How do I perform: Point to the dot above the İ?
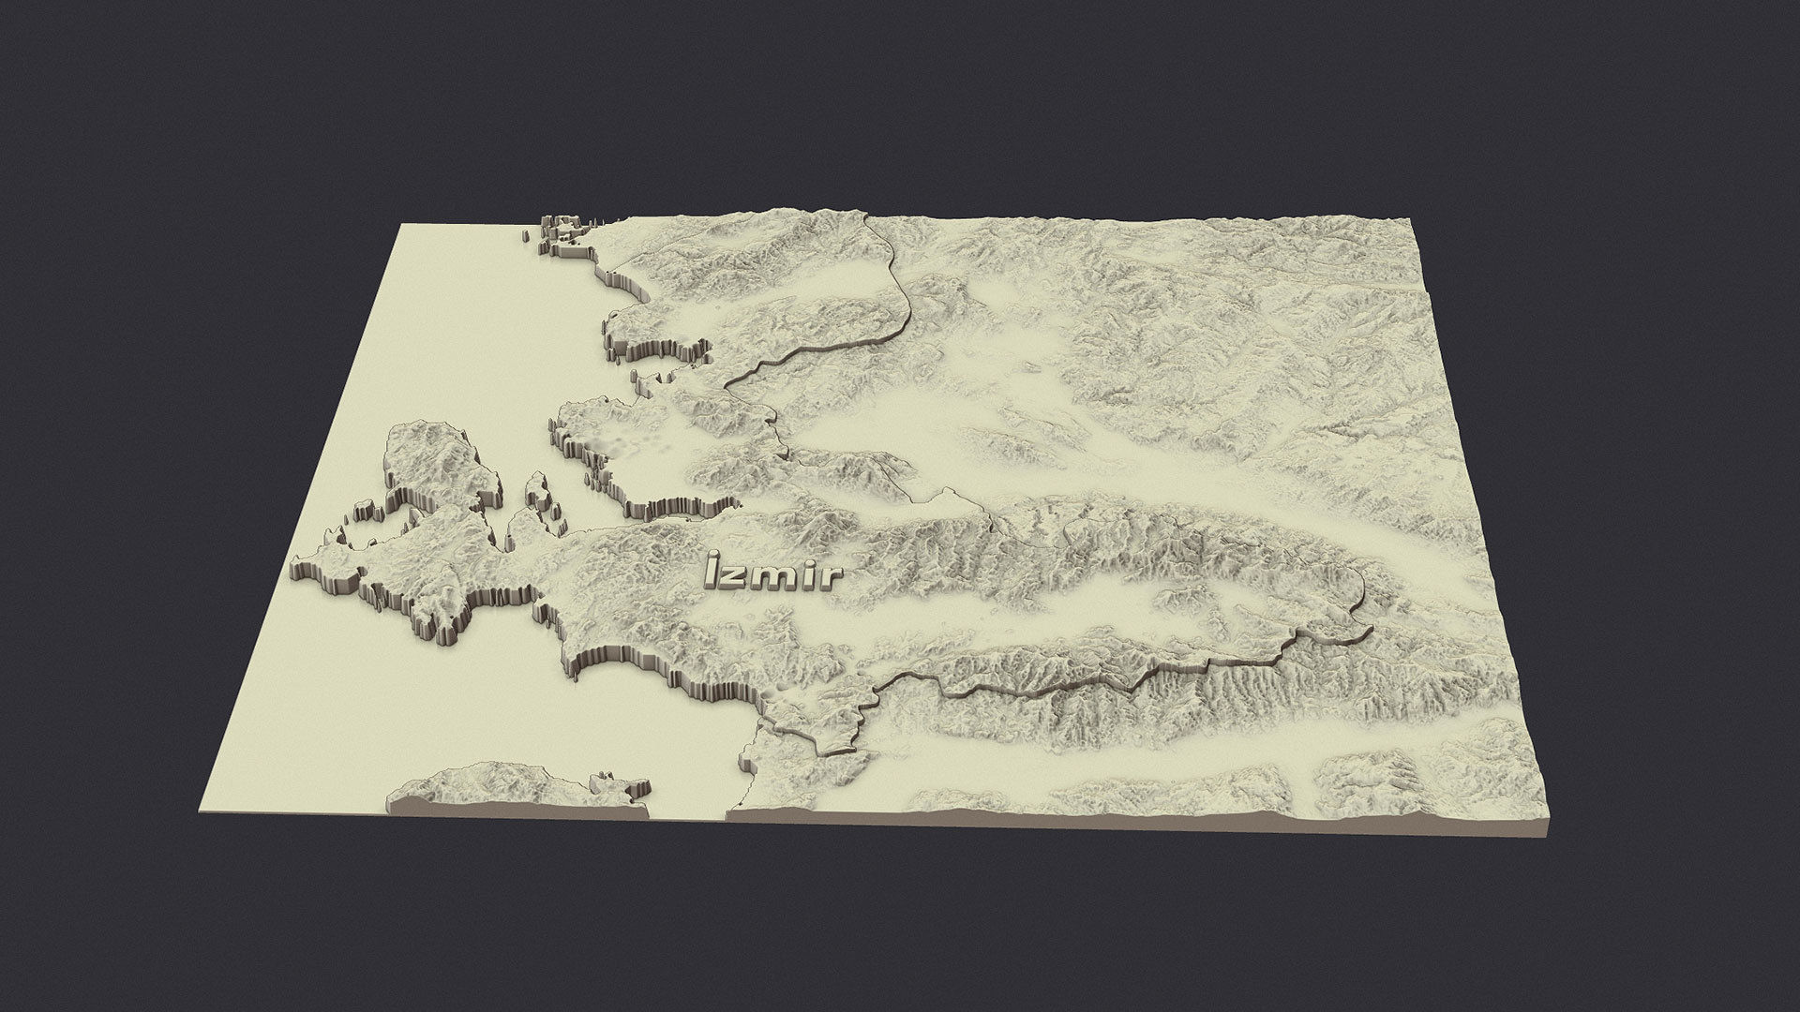pyautogui.click(x=715, y=557)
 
